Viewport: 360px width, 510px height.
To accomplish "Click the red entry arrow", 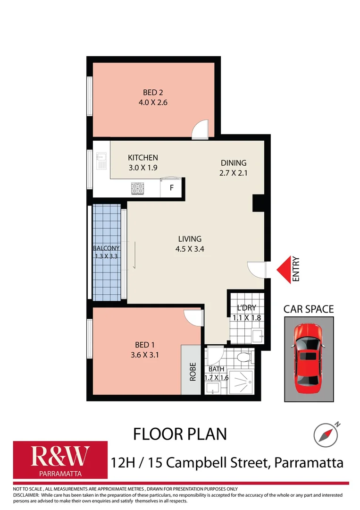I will (x=283, y=270).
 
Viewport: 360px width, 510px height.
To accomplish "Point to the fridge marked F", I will (x=172, y=188).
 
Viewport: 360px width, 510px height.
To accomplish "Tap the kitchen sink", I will (x=101, y=161).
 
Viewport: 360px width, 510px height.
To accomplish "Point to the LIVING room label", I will (x=190, y=239).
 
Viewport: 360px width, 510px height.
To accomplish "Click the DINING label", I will (x=234, y=162).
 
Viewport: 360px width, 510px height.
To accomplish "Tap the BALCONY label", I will (x=106, y=248).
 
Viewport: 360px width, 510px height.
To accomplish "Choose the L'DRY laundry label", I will (x=246, y=307).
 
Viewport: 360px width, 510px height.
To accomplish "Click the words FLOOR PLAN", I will (x=180, y=433).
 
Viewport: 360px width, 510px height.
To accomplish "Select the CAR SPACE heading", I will (x=308, y=309).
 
